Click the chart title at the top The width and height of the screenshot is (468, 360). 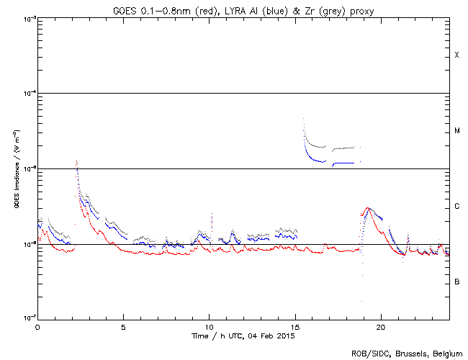click(242, 8)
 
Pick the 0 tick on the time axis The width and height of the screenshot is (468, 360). click(37, 326)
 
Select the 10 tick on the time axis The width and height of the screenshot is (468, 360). click(209, 326)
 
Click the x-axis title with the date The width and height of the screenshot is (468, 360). click(242, 336)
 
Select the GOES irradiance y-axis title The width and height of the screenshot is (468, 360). click(15, 170)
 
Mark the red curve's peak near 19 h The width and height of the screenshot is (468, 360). click(369, 208)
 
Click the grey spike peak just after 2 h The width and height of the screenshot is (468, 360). click(76, 161)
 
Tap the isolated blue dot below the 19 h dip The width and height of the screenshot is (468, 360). click(361, 301)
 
